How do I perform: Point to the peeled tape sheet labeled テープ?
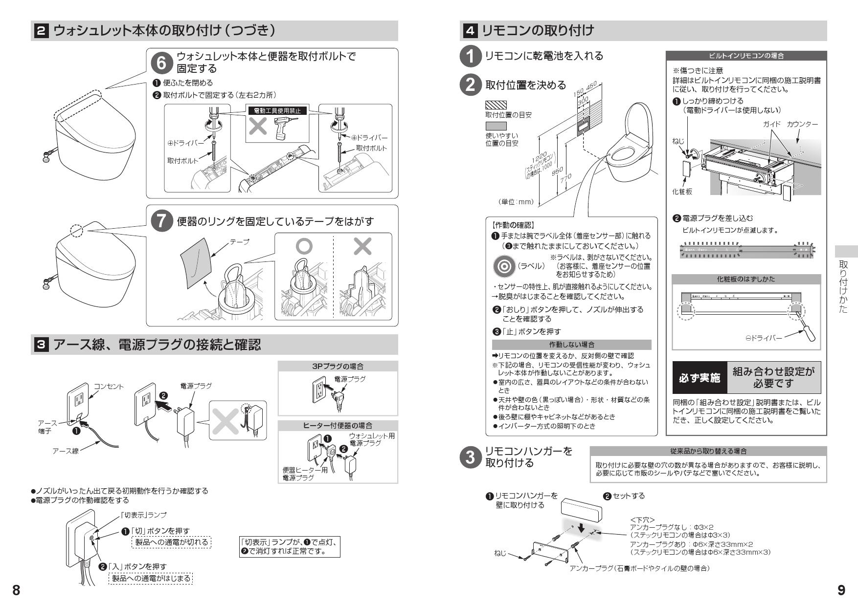196,265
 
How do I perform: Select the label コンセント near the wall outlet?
109,387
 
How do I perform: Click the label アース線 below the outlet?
65,451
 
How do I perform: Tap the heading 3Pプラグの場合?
338,367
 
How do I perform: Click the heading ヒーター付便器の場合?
338,426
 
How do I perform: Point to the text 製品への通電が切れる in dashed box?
171,542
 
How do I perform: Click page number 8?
16,590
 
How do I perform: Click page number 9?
841,590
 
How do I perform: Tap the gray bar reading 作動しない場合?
571,345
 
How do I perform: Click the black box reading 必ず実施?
699,378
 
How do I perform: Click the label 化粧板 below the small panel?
682,192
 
